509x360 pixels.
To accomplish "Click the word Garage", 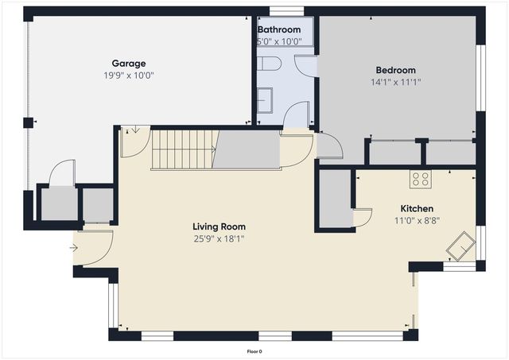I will point(128,64).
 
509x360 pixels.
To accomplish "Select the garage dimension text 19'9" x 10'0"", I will point(128,75).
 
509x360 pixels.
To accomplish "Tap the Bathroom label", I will point(278,29).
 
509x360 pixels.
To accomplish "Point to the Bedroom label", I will point(395,70).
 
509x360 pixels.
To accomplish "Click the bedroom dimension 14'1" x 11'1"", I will point(395,82).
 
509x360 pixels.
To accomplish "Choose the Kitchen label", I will point(416,209).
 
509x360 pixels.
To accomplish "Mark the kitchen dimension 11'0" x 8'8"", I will point(416,221).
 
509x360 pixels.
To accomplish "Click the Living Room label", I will point(219,226).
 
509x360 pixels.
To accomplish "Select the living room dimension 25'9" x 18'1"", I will point(219,238).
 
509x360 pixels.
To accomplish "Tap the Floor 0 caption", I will point(254,350).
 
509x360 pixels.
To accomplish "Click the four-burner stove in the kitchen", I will point(420,180).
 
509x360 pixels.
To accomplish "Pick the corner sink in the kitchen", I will point(460,246).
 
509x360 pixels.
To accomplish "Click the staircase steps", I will point(184,149).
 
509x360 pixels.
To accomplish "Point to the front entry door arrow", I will point(74,248).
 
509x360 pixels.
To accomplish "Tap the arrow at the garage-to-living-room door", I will point(135,130).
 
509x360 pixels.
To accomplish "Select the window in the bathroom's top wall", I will point(286,11).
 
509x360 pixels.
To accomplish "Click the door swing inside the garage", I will point(61,172).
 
